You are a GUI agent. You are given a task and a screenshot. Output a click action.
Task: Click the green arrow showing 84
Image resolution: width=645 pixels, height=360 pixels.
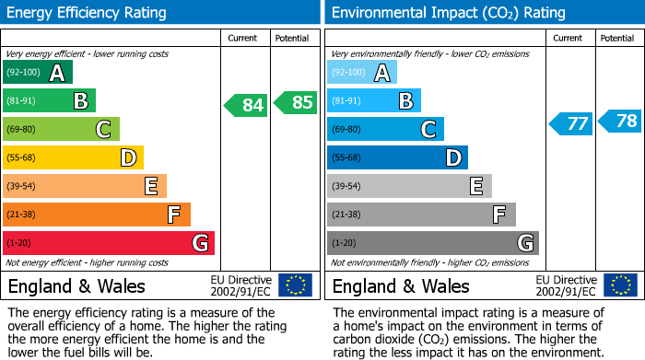pos(246,105)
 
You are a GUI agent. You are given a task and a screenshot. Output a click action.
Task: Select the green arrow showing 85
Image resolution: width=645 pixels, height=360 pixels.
pos(296,102)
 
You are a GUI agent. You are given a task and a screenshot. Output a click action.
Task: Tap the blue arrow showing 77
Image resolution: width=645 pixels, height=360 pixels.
pos(570,123)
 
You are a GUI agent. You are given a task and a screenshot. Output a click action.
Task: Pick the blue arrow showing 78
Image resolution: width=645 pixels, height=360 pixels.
pos(620,121)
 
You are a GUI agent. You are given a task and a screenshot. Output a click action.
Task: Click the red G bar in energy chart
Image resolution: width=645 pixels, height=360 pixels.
pos(109,243)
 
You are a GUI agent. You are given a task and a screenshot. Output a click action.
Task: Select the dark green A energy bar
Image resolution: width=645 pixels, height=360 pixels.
pos(38,72)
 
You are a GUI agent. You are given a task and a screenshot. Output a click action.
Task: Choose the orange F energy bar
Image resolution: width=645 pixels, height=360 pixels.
pos(97,215)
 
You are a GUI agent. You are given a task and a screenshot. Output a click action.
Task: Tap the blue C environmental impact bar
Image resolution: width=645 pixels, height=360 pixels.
pos(385,129)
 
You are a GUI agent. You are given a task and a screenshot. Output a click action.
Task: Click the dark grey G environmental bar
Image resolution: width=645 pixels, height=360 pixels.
pos(433,243)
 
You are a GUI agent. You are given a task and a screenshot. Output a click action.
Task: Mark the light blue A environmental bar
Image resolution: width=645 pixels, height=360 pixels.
pos(362,72)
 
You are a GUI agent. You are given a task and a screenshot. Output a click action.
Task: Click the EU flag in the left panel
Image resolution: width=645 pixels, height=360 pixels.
pos(295,285)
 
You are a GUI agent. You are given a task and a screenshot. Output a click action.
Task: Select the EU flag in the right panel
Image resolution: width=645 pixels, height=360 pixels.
pos(619,285)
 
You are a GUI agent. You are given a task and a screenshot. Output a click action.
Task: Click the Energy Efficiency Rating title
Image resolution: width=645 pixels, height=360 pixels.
pos(88,13)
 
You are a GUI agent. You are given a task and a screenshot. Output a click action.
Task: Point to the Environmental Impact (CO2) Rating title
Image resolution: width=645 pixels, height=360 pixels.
pos(448,13)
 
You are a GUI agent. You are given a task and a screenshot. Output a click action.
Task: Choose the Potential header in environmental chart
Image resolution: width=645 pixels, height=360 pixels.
pos(617,38)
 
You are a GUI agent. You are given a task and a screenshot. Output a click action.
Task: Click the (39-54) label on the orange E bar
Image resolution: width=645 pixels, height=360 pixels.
pos(21,186)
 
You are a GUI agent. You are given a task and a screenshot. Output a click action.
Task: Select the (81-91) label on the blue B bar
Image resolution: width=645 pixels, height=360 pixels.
pos(346,100)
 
